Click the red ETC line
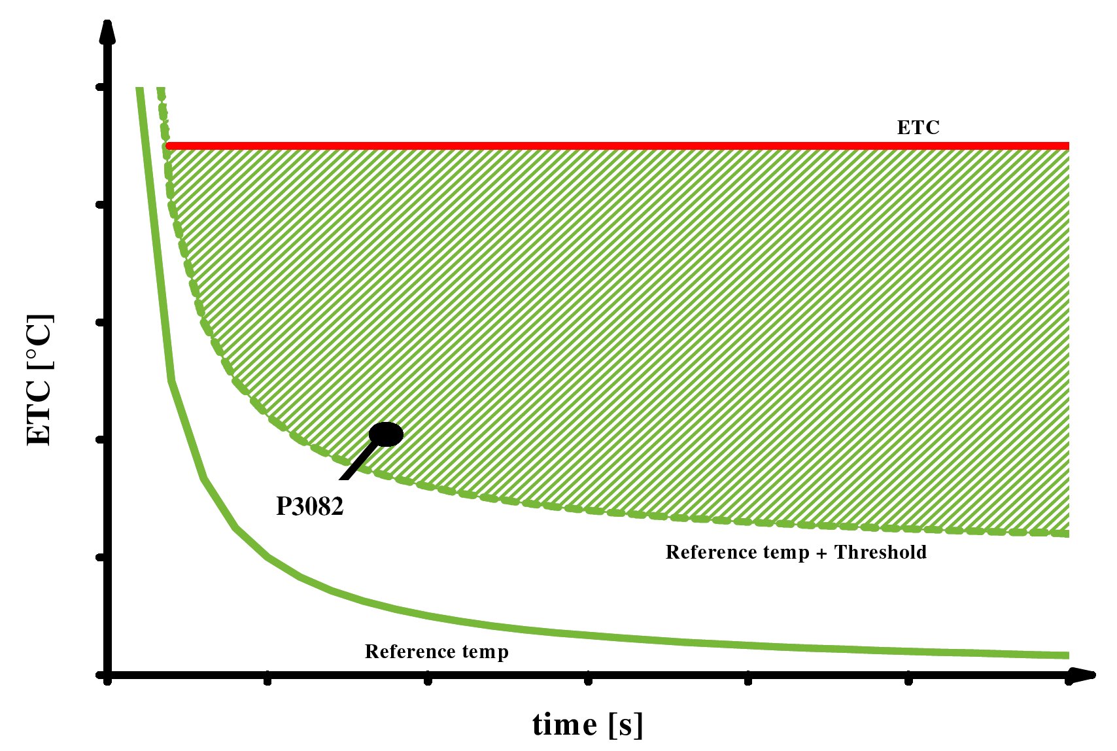589,145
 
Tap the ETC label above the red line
918,128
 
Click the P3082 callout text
309,506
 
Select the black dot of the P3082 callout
386,434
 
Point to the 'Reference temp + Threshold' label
796,552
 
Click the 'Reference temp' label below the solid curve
436,652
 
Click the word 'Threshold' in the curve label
880,552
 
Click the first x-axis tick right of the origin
267,680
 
